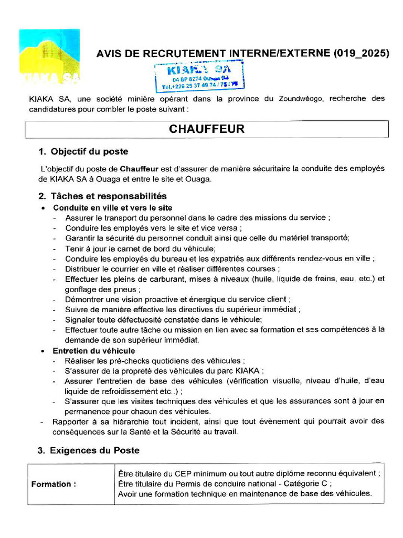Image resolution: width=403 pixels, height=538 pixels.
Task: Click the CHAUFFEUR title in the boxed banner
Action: [x=207, y=129]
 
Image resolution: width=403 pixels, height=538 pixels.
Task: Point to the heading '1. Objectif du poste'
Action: [x=83, y=152]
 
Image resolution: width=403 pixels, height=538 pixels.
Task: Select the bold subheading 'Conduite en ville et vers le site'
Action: [x=112, y=208]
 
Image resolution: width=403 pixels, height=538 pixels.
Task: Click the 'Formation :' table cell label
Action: [x=54, y=484]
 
